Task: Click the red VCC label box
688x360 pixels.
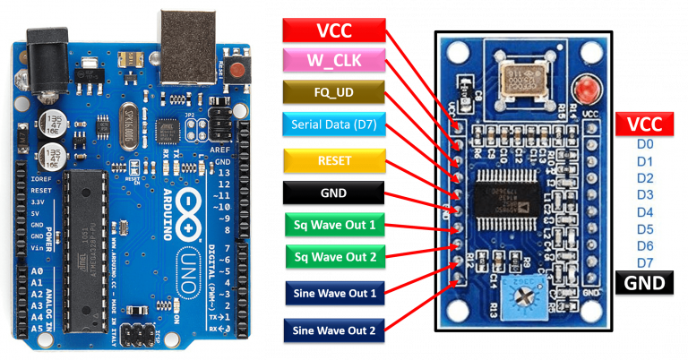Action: pyautogui.click(x=334, y=30)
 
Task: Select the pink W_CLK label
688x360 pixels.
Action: pyautogui.click(x=334, y=61)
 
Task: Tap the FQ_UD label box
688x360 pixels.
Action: pyautogui.click(x=334, y=91)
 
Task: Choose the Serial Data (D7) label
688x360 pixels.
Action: pyautogui.click(x=334, y=122)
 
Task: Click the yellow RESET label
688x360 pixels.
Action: pyautogui.click(x=334, y=160)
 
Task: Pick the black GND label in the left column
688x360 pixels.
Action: pyautogui.click(x=334, y=192)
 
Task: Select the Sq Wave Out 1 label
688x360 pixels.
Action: pyautogui.click(x=334, y=224)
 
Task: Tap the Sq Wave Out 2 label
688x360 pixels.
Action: pyautogui.click(x=334, y=257)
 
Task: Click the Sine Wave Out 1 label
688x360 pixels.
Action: pyautogui.click(x=334, y=292)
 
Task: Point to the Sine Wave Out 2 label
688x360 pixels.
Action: pyautogui.click(x=334, y=329)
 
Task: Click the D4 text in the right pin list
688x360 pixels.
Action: pyautogui.click(x=644, y=212)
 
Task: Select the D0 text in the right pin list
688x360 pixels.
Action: pyautogui.click(x=644, y=144)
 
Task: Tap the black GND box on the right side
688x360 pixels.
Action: pyautogui.click(x=645, y=284)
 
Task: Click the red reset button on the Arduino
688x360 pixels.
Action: pyautogui.click(x=238, y=70)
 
